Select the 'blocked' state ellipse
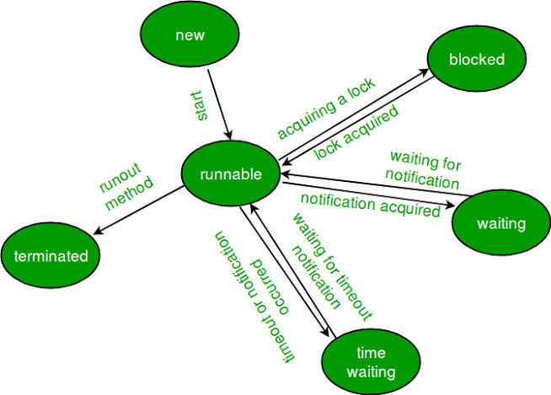pyautogui.click(x=477, y=59)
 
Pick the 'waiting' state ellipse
pyautogui.click(x=500, y=224)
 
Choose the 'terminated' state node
pyautogui.click(x=51, y=255)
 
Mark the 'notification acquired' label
pyautogui.click(x=371, y=206)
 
